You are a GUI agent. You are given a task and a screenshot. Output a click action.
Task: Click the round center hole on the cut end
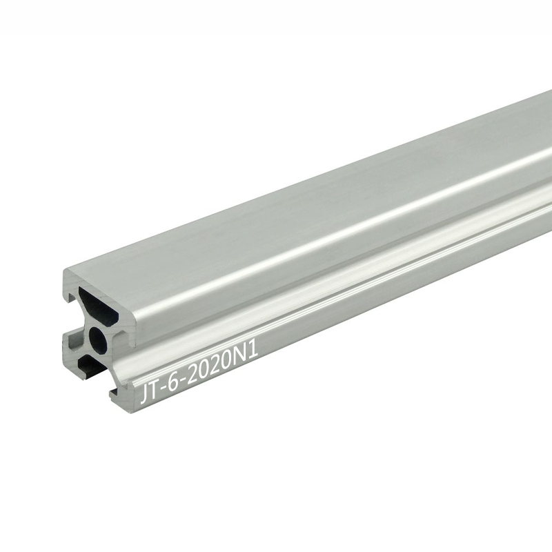coord(98,337)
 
